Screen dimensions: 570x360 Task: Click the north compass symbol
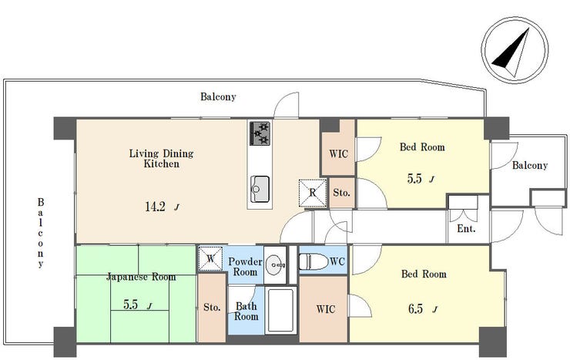pos(515,50)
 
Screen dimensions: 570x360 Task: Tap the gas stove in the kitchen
pos(260,133)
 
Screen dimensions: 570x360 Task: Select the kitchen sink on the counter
pos(260,189)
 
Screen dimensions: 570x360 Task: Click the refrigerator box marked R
pos(312,193)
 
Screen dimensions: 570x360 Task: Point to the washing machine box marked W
pos(210,258)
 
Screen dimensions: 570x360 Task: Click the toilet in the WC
pos(313,261)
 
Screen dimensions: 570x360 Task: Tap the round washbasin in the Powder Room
pos(275,265)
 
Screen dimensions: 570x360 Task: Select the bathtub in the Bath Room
pos(280,310)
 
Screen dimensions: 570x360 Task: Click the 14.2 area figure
pos(156,207)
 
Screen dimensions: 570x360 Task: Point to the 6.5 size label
pos(415,308)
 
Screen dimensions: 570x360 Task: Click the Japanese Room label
pos(141,277)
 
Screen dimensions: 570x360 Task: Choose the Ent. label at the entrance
pos(466,229)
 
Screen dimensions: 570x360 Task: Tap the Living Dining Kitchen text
pos(162,158)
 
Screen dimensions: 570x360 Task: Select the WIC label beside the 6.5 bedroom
pos(326,309)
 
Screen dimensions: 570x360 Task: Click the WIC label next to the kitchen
pos(338,154)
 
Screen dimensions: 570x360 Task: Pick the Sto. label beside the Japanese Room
pos(212,308)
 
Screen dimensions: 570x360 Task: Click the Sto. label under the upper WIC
pos(341,193)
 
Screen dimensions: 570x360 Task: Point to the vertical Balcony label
pos(41,233)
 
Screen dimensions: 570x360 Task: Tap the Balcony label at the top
pos(218,96)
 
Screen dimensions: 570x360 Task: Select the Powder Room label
pos(245,267)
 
